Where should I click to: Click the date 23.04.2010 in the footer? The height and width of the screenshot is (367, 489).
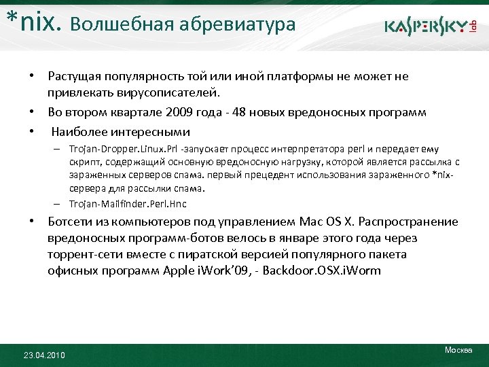click(45, 355)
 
